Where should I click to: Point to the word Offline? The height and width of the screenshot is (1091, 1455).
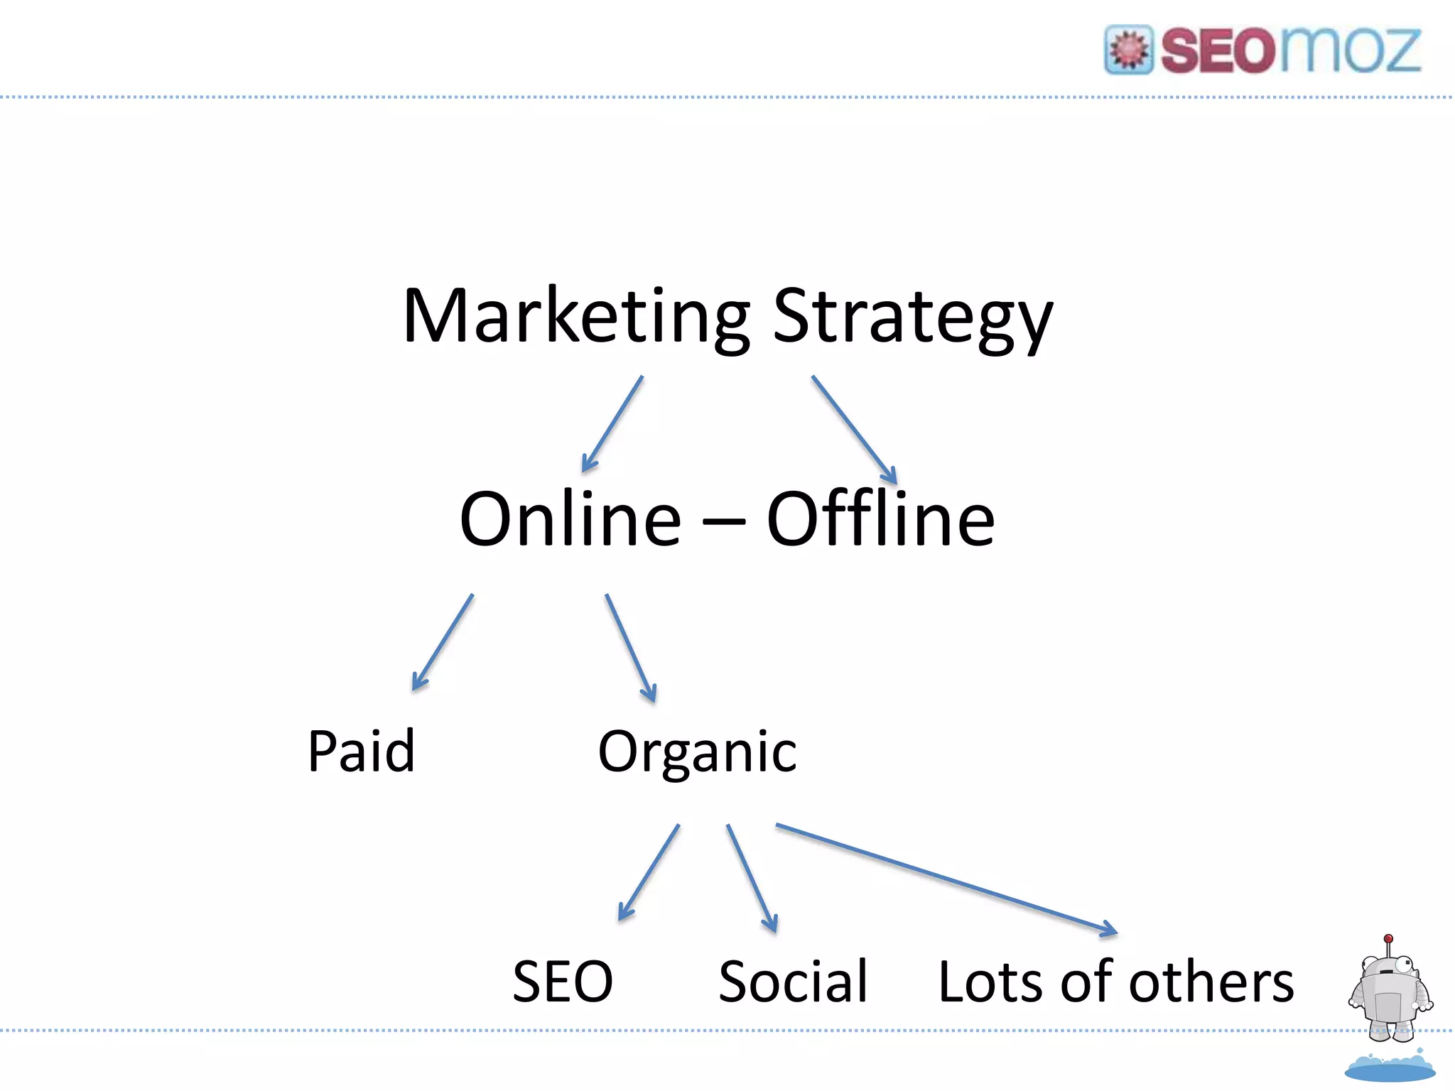pyautogui.click(x=880, y=519)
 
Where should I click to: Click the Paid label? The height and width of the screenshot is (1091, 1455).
pyautogui.click(x=361, y=751)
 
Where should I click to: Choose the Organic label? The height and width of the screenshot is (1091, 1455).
pyautogui.click(x=697, y=753)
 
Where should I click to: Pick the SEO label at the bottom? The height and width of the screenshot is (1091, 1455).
pyautogui.click(x=563, y=982)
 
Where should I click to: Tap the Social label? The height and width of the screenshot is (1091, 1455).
pyautogui.click(x=793, y=982)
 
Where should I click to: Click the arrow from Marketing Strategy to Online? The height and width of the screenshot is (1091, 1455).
pyautogui.click(x=612, y=424)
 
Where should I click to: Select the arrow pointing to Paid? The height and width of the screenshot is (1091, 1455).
pyautogui.click(x=443, y=642)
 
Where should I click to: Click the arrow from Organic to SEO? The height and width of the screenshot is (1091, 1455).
pyautogui.click(x=649, y=872)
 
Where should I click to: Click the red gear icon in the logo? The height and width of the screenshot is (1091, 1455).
pyautogui.click(x=1128, y=50)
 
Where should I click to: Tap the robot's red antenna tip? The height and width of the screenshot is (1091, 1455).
pyautogui.click(x=1388, y=938)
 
